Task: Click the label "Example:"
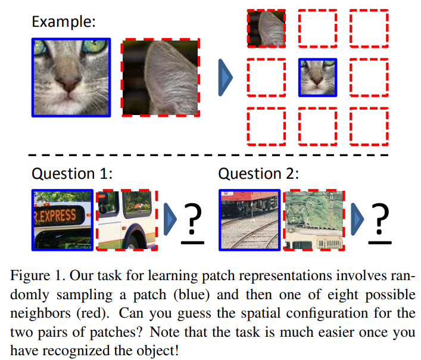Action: [64, 22]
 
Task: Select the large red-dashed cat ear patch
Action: [161, 77]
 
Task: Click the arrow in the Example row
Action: [226, 77]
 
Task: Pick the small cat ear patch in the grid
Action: [266, 28]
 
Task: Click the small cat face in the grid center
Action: [317, 77]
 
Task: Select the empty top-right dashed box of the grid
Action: [368, 28]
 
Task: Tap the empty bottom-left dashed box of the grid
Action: [266, 126]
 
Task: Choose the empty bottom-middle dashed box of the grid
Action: [317, 126]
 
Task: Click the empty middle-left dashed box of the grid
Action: [266, 77]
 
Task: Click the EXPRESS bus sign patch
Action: [63, 219]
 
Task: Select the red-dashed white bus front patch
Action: [126, 219]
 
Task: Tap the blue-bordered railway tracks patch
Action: [250, 219]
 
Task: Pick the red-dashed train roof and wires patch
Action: [314, 219]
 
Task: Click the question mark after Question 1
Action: [191, 222]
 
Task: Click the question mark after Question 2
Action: [379, 222]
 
